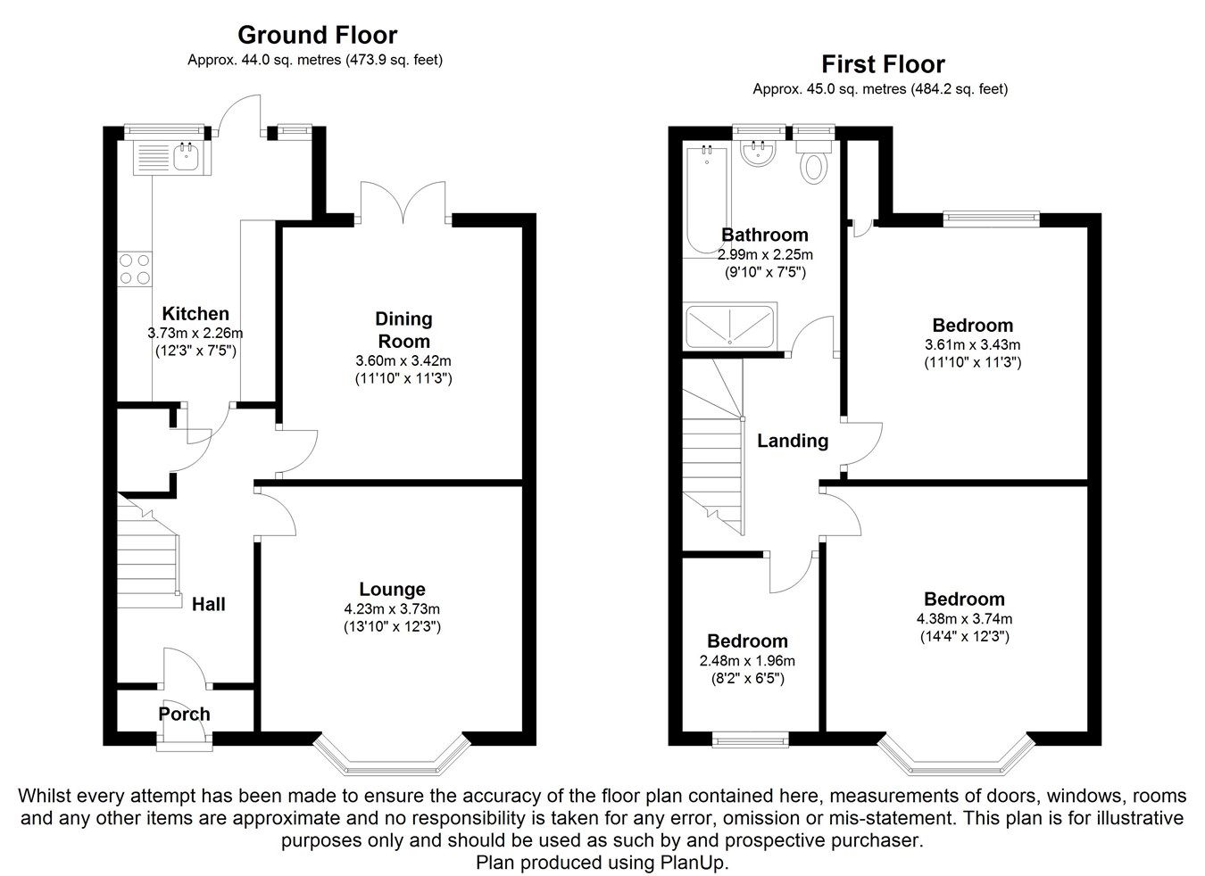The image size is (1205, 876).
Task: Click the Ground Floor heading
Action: tap(317, 35)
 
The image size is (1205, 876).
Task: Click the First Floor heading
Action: tap(882, 64)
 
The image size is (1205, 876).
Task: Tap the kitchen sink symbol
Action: tap(172, 158)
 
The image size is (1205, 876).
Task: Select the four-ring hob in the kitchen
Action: tap(134, 269)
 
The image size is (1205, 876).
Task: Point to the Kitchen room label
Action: tap(195, 313)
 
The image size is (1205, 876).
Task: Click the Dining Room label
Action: tap(403, 330)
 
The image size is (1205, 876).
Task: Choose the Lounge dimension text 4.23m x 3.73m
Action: tap(392, 608)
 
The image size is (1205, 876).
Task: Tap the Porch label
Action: tap(184, 714)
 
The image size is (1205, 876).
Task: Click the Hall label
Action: tap(208, 604)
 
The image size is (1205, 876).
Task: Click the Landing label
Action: tap(792, 441)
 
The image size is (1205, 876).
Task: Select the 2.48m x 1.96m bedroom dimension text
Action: tap(747, 661)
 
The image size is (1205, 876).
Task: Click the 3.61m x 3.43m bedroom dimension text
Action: tap(972, 344)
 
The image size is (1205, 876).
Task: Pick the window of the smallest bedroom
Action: tap(750, 739)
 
